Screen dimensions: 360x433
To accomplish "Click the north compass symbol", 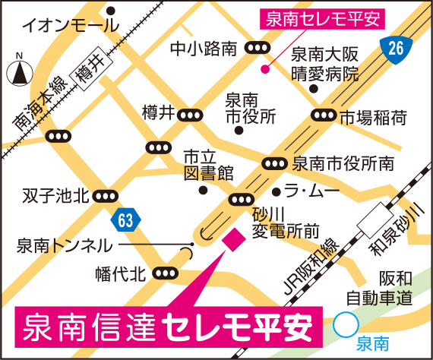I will [18, 74].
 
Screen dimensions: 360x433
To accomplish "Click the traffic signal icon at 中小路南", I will [258, 49].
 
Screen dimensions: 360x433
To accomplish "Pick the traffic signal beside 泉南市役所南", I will [274, 163].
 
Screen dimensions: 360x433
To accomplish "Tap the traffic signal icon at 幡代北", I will [163, 273].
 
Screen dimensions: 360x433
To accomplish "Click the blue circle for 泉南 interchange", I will [346, 327].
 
